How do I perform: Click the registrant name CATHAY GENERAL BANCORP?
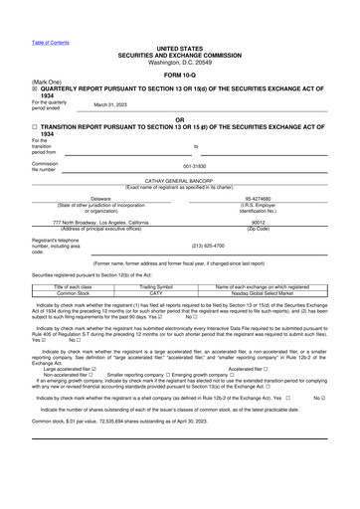(x=179, y=182)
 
